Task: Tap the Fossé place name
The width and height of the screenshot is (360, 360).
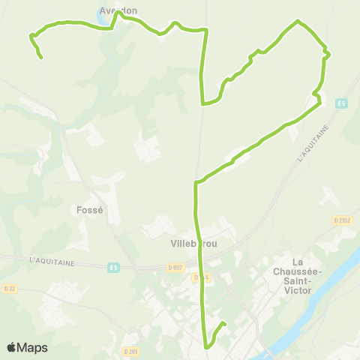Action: [89, 210]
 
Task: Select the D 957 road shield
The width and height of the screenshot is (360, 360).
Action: [175, 267]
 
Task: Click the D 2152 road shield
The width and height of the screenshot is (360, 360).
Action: [341, 220]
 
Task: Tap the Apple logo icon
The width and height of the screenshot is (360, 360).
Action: [12, 347]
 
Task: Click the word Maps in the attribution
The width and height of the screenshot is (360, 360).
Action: [34, 347]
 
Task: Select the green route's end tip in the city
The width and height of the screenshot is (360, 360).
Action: [224, 323]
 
